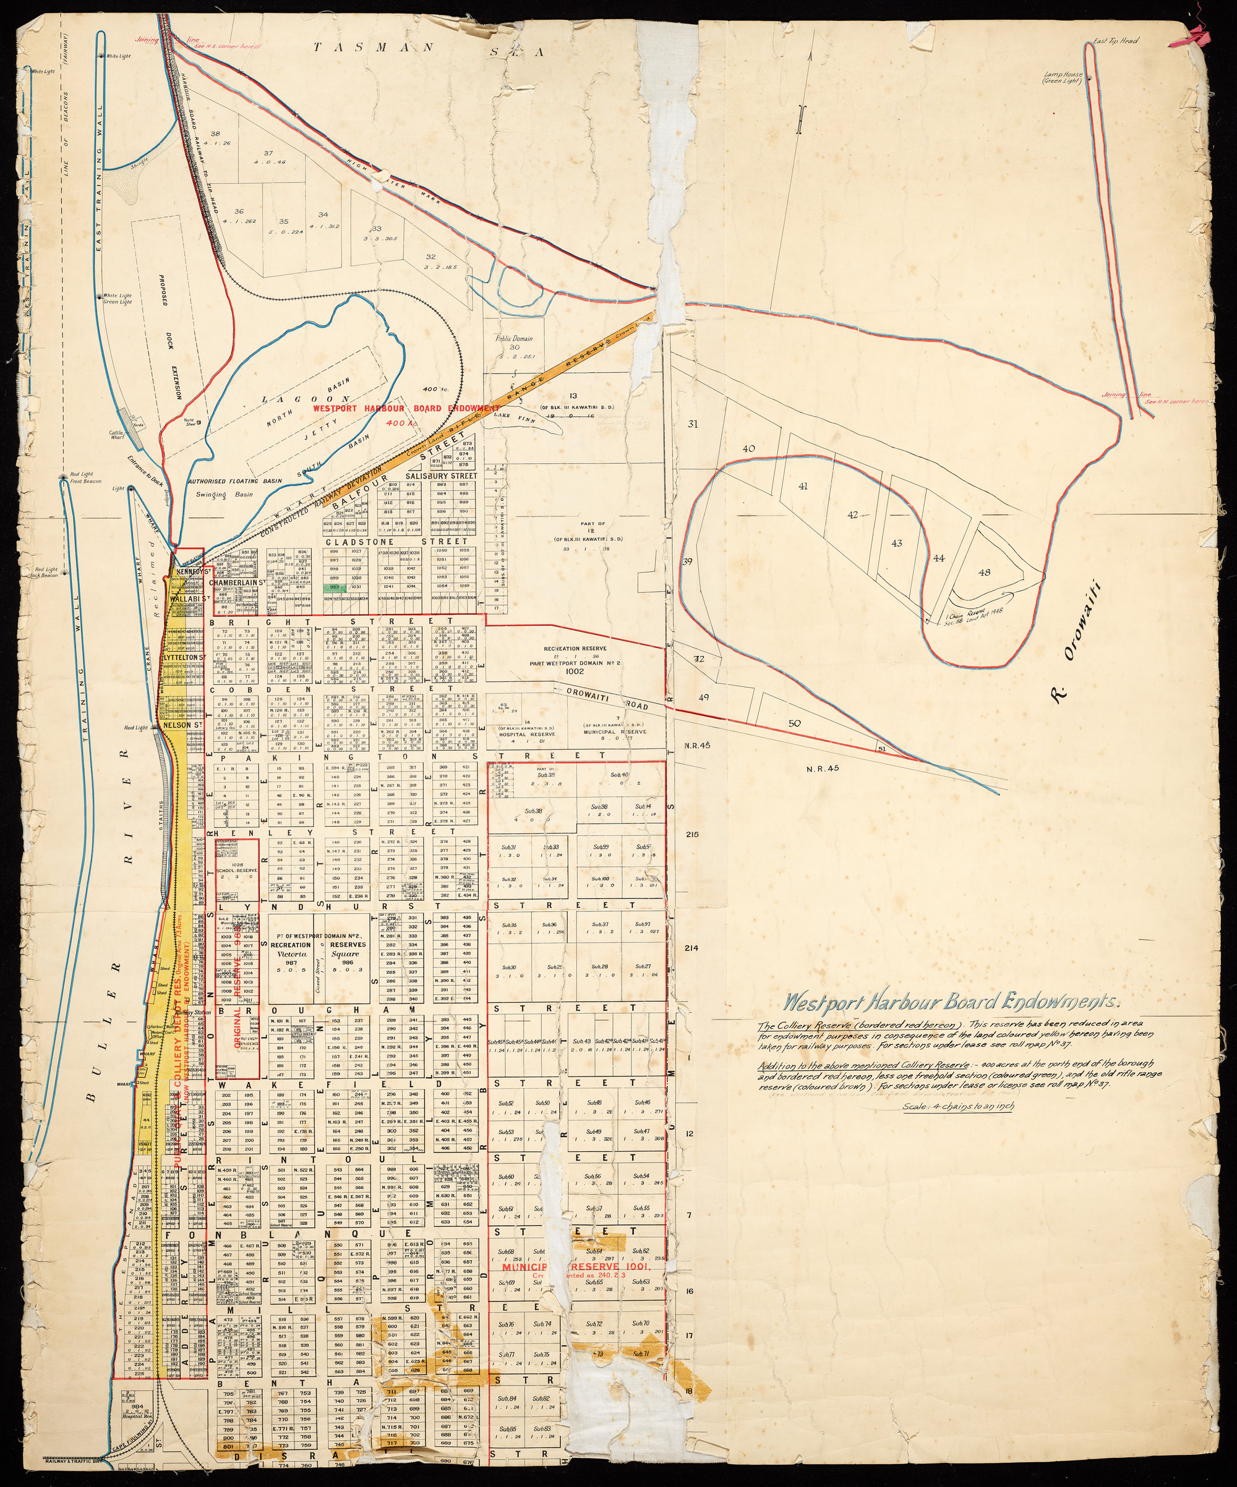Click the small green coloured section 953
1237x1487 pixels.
coord(335,587)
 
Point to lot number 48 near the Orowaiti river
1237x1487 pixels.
coord(984,572)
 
